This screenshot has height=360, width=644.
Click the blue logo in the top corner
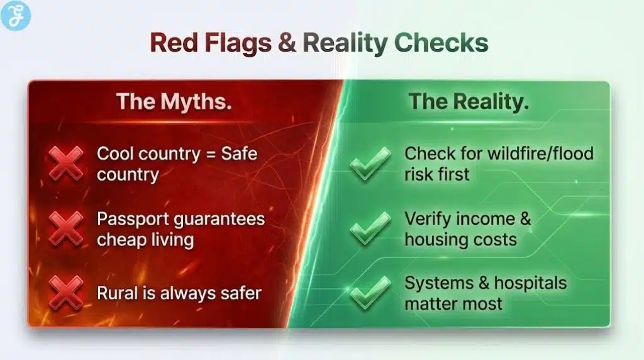tap(16, 16)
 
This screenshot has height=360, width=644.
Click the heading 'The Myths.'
tap(174, 102)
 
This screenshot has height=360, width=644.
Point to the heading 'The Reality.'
tap(469, 102)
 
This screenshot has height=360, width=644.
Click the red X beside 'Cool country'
tap(67, 162)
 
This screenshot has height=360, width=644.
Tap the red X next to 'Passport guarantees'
tap(67, 228)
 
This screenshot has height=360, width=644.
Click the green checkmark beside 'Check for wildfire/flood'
tap(370, 162)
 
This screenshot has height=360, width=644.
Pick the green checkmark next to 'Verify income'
tap(370, 228)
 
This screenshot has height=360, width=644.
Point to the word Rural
tap(115, 293)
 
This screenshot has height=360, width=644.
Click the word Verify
tap(426, 219)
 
